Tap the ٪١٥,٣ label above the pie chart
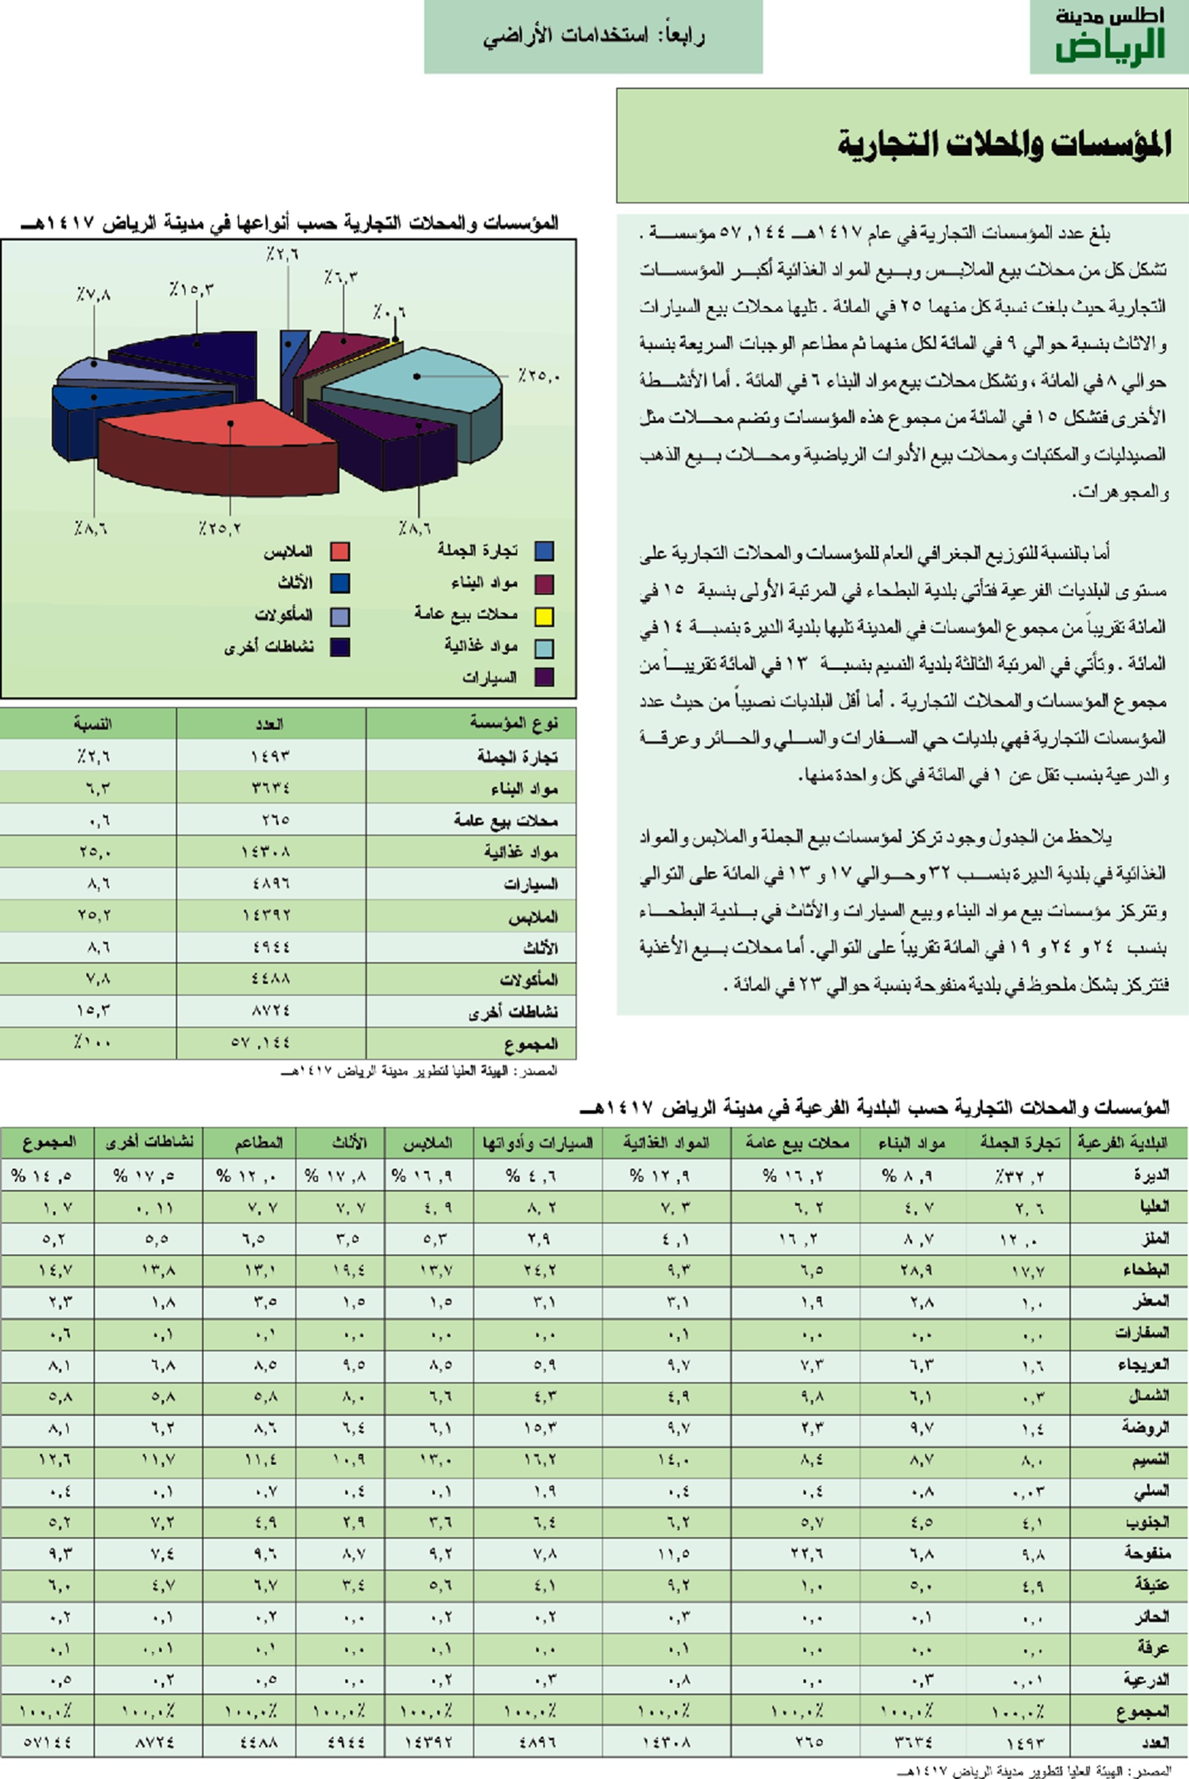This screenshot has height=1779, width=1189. click(191, 289)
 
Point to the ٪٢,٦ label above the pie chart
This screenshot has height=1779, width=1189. click(282, 255)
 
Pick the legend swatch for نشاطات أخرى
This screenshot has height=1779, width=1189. click(339, 647)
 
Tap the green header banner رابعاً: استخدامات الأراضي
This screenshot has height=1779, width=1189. click(593, 37)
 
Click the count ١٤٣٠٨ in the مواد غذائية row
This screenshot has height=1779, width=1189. click(270, 851)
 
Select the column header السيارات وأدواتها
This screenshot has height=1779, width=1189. click(538, 1143)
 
